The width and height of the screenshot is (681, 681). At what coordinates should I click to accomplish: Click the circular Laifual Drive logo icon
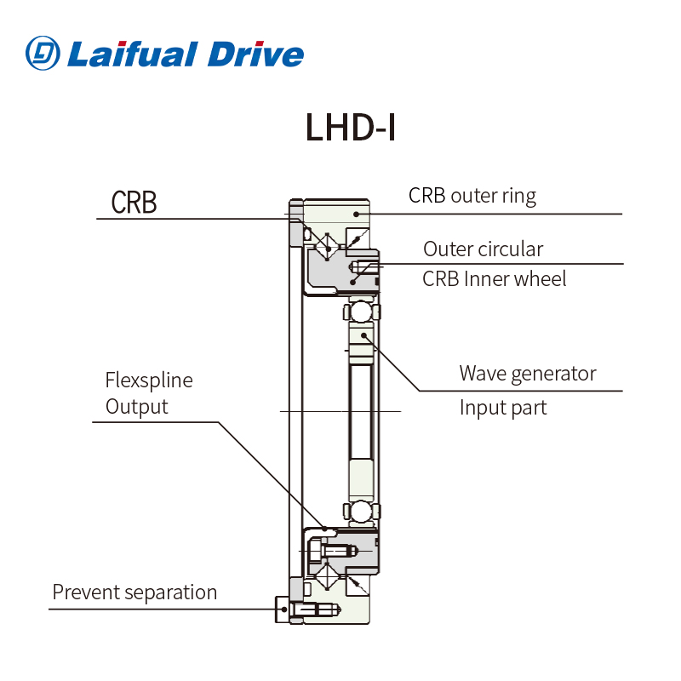coord(43,53)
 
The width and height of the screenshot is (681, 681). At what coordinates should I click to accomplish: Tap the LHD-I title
coord(350,128)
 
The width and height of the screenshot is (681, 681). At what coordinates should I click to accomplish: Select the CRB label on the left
coord(134,203)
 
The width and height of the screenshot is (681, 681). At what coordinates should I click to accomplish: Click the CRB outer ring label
coord(472,196)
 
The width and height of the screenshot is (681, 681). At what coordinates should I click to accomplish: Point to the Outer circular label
coord(483,249)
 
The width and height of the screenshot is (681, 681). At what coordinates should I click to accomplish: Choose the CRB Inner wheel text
coord(494,278)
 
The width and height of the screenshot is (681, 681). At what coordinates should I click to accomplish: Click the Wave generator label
coord(527,373)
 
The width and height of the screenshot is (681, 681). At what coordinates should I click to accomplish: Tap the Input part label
coord(502,407)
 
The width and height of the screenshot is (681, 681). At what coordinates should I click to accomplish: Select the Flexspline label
coord(148,380)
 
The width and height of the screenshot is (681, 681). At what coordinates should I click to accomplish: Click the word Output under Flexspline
coord(136,407)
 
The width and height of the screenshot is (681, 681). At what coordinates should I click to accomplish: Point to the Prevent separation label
coord(134,592)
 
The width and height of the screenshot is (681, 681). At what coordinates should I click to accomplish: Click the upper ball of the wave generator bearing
coord(360,311)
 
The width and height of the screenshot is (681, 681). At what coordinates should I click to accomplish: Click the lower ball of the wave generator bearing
coord(360,512)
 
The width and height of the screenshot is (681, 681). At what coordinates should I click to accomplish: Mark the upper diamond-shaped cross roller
coord(323,244)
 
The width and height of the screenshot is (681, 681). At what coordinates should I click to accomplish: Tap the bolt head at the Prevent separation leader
coord(282,609)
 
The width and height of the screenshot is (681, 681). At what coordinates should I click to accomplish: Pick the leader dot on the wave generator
coord(363,335)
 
